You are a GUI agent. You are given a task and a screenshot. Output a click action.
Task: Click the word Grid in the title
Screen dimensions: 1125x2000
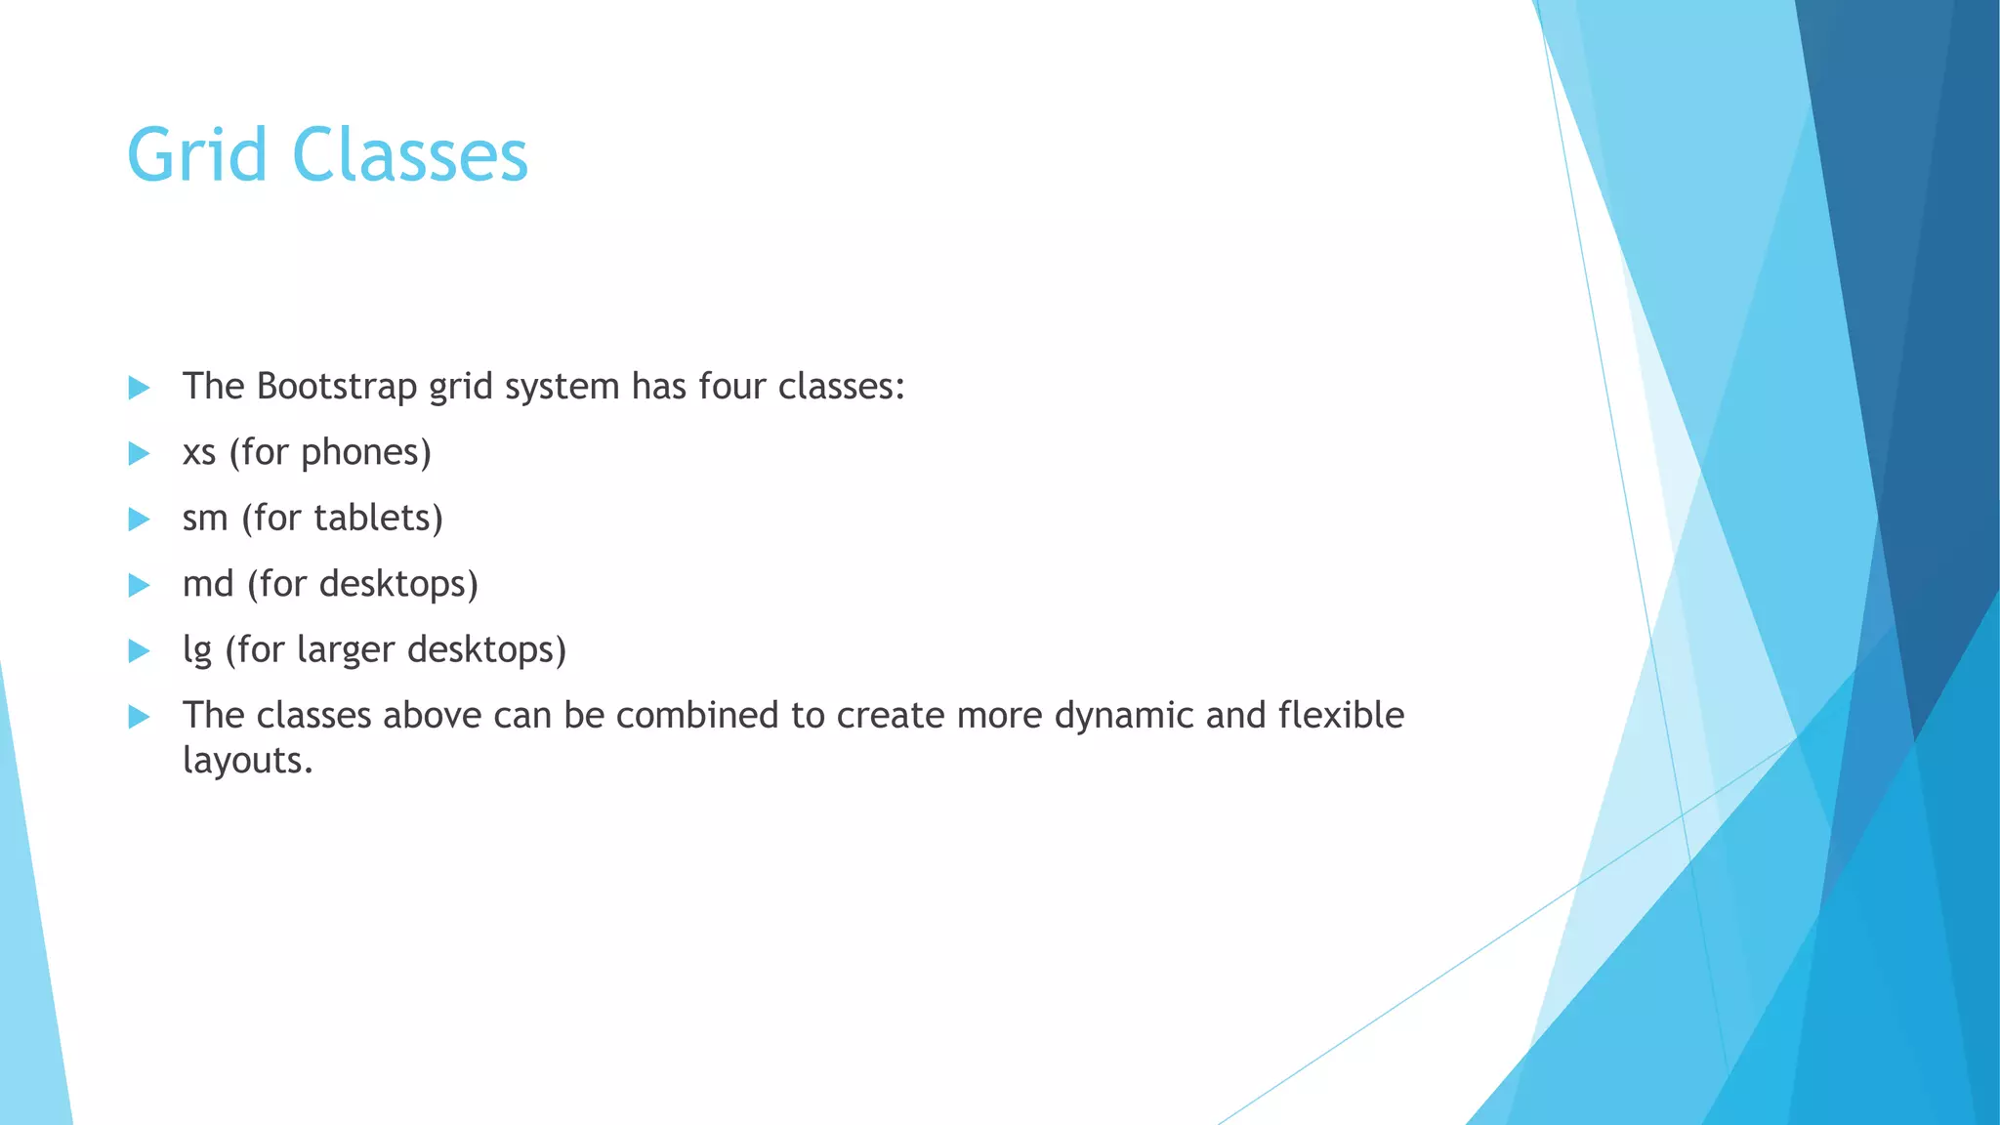196,155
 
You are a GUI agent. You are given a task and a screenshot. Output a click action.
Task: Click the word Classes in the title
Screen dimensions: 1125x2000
410,155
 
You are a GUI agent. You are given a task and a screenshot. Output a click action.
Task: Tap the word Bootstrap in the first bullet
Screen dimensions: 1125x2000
337,387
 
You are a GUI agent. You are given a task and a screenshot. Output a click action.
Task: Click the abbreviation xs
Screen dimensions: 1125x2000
199,453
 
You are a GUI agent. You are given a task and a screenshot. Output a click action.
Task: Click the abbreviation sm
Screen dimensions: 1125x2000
205,519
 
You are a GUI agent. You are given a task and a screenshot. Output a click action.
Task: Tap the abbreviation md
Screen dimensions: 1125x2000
208,584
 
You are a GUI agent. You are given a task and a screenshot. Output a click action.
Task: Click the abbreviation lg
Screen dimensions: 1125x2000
197,650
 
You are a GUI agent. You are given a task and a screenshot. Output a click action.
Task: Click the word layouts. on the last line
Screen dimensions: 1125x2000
248,760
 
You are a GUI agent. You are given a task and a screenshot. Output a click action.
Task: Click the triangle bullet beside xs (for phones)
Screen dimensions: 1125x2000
139,453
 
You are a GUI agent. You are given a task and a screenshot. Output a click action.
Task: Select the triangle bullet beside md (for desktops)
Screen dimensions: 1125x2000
139,585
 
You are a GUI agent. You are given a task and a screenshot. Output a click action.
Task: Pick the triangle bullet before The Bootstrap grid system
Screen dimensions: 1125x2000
139,388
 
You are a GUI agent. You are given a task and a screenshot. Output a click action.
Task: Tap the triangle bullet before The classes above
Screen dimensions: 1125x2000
139,717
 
